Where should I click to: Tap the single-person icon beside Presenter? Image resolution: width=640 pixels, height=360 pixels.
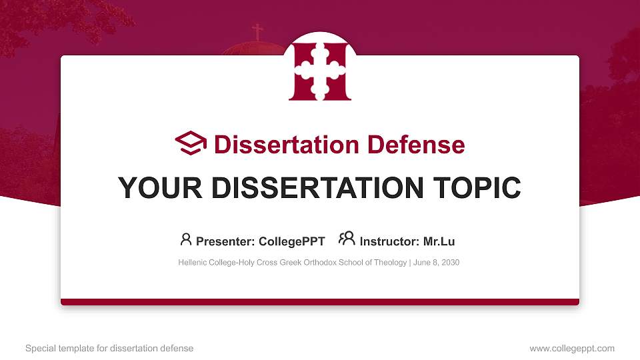click(x=185, y=238)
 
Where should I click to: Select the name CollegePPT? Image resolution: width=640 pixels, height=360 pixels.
click(x=293, y=241)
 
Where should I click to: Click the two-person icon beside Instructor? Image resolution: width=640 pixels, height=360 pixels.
click(x=347, y=238)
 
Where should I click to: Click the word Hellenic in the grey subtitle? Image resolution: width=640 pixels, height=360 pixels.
click(x=193, y=263)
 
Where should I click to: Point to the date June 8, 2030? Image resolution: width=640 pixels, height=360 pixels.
click(x=437, y=263)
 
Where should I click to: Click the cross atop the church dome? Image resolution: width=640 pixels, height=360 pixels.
click(x=257, y=31)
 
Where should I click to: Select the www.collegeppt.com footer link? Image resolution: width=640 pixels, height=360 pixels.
click(x=572, y=348)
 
